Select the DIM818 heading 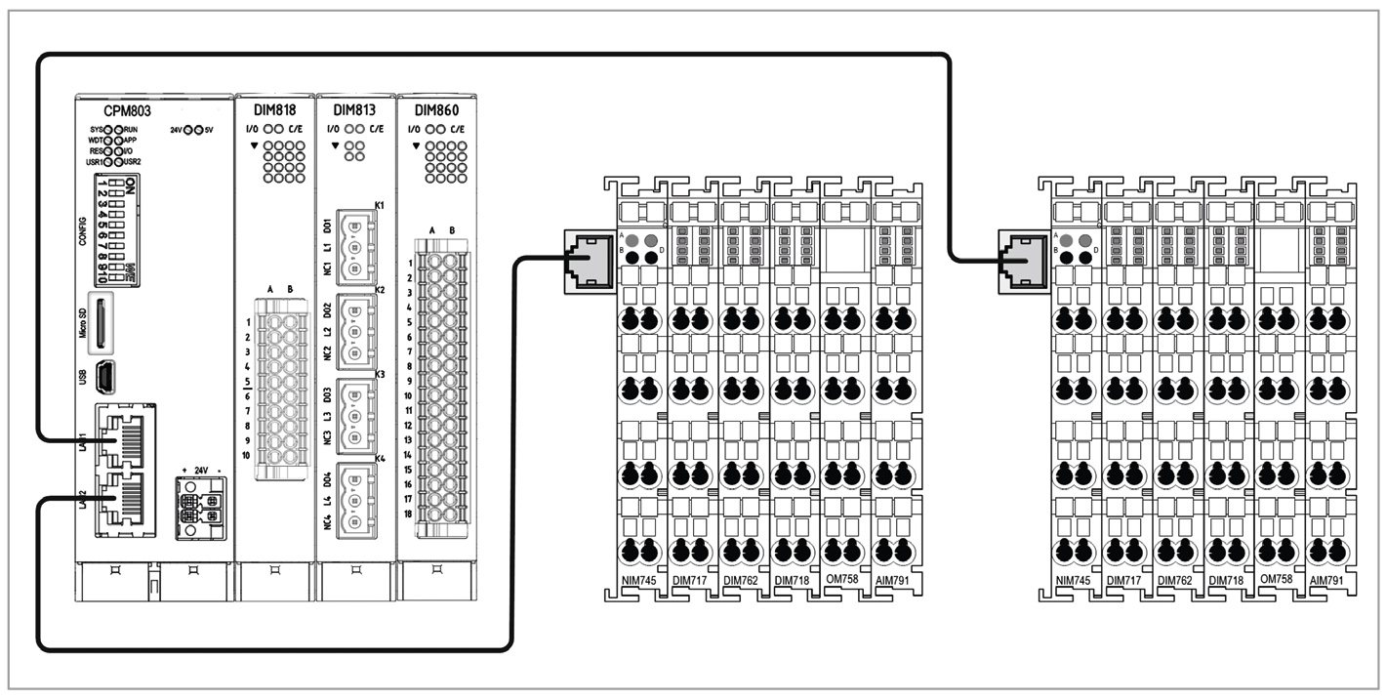[274, 109]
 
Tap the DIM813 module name [354, 109]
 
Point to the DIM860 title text [436, 109]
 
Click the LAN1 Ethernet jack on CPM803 [120, 439]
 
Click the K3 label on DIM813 [380, 374]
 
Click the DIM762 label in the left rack [742, 580]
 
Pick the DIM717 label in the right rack [1124, 580]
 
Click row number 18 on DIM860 [410, 514]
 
